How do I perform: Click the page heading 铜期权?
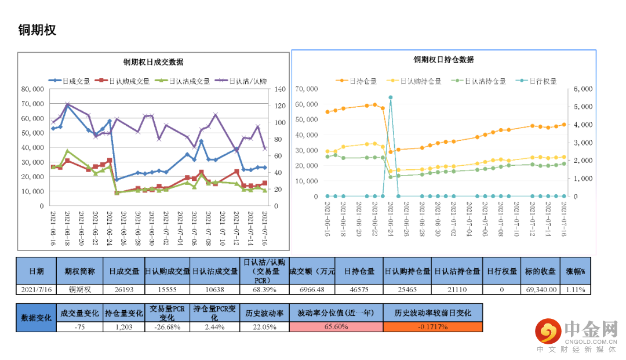point(38,30)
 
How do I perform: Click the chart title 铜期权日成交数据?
point(153,62)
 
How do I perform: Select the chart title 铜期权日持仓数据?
point(443,60)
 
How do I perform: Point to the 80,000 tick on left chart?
point(33,89)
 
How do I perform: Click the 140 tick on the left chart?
point(280,89)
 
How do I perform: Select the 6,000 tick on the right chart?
point(581,89)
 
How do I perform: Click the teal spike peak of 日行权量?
point(391,97)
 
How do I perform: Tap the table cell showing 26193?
point(124,289)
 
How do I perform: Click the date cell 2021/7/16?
point(36,289)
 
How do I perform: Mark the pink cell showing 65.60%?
point(336,327)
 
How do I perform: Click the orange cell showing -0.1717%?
point(432,327)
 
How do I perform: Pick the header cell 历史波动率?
point(265,313)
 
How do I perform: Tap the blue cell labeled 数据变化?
point(36,318)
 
